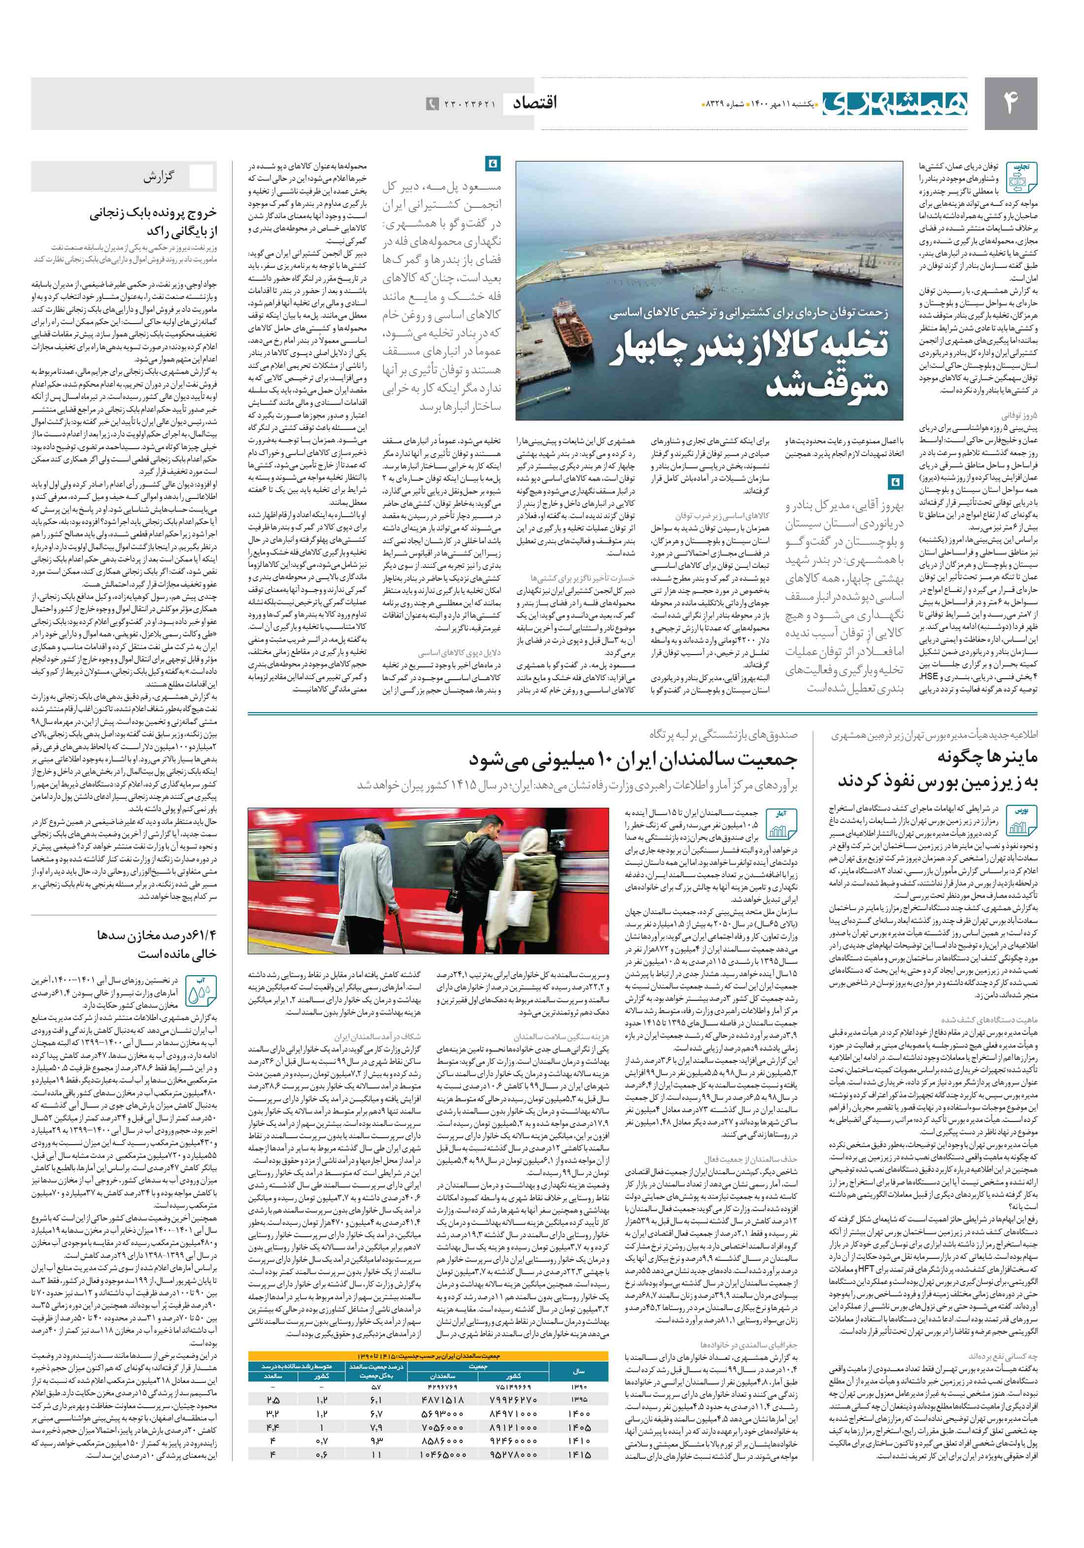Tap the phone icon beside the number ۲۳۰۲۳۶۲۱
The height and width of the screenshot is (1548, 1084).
432,104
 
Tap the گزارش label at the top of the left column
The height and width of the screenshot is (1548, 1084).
160,177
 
